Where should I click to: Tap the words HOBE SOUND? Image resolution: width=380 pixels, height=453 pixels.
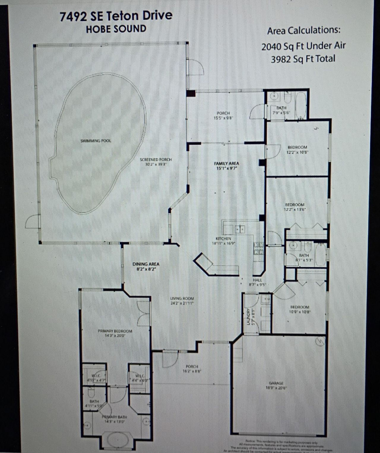116,29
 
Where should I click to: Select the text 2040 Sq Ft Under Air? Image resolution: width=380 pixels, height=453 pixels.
303,46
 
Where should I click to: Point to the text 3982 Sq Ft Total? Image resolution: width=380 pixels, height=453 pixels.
303,59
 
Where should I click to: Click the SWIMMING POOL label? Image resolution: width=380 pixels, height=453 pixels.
96,141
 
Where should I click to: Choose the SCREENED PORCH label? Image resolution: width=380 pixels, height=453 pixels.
156,160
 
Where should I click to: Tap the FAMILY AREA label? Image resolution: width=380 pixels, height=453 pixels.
227,163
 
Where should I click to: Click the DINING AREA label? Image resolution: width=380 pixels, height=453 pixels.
146,264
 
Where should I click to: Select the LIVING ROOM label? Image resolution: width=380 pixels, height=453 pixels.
182,299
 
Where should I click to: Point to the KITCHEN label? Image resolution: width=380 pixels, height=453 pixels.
223,239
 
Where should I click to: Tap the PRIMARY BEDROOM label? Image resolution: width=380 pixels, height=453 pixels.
115,331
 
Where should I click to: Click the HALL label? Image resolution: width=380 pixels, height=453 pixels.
257,280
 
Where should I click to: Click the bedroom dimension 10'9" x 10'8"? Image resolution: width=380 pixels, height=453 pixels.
300,312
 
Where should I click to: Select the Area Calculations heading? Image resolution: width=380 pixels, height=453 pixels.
303,31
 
